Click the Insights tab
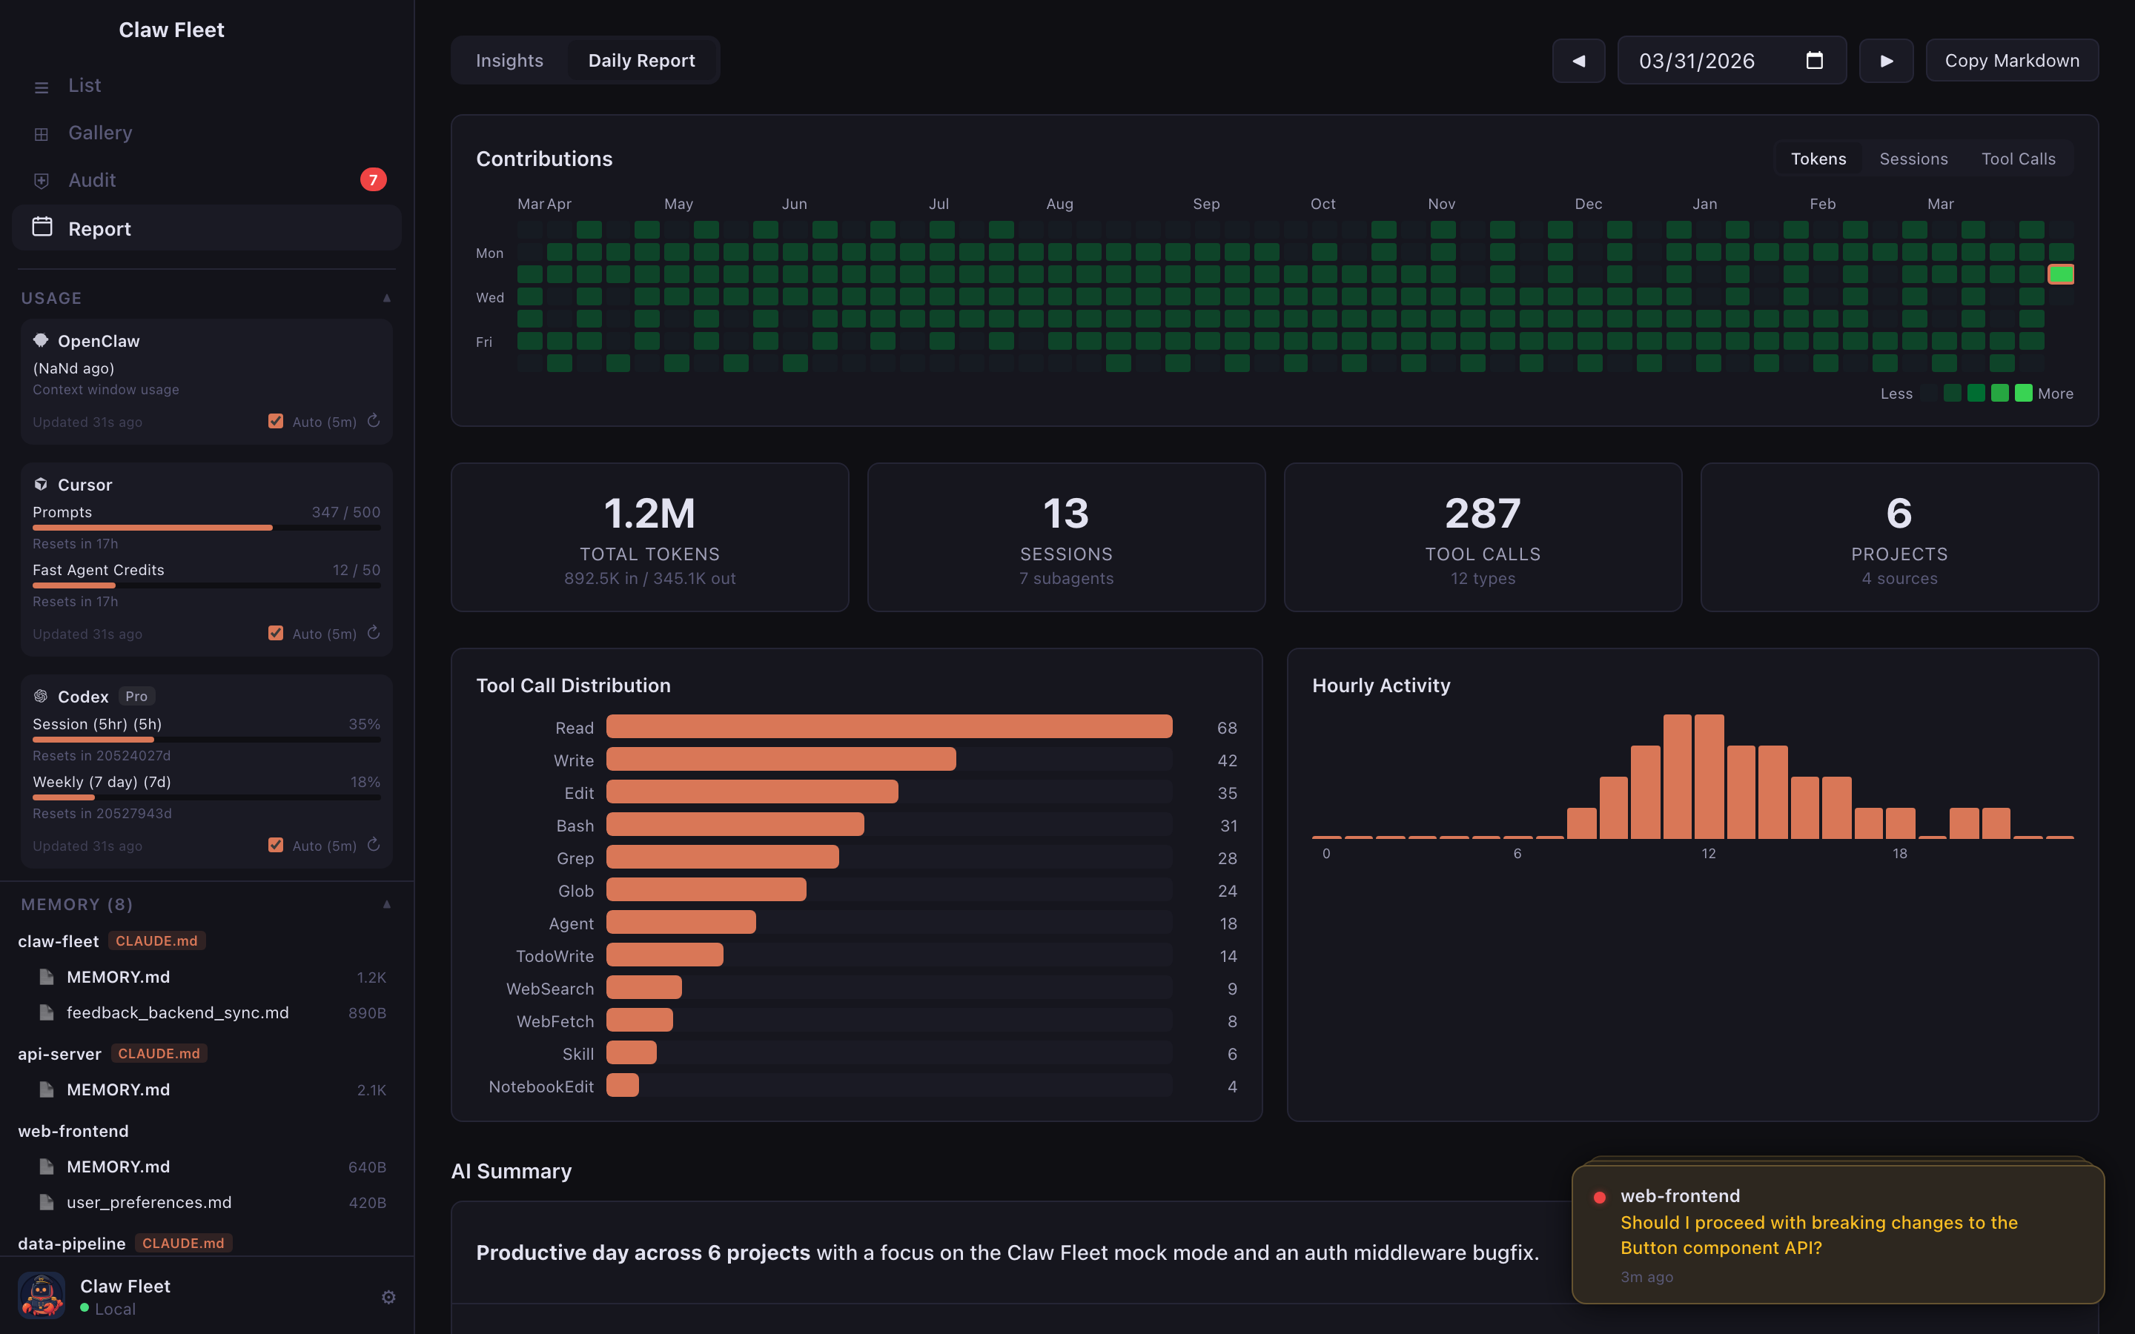click(x=509, y=61)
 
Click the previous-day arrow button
click(x=1578, y=61)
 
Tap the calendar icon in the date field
click(x=1814, y=61)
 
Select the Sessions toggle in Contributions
click(x=1913, y=159)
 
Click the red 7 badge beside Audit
click(x=373, y=180)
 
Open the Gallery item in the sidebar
click(x=99, y=133)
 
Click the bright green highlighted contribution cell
click(x=2060, y=274)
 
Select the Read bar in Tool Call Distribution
click(x=888, y=727)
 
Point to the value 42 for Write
click(x=1226, y=760)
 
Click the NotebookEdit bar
click(x=622, y=1086)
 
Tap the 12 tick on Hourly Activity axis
click(x=1708, y=853)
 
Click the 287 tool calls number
click(x=1482, y=514)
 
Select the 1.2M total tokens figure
click(x=649, y=514)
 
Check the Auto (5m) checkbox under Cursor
click(x=276, y=634)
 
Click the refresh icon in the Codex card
click(x=373, y=845)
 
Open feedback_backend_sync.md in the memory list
click(x=177, y=1013)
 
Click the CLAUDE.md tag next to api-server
click(x=159, y=1053)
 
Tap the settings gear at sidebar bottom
click(x=388, y=1297)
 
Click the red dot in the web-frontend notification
click(x=1598, y=1197)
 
